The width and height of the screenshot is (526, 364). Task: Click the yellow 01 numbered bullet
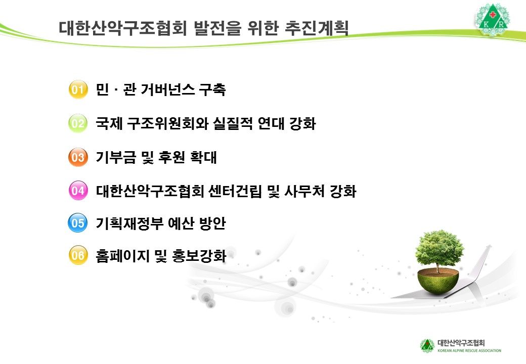coord(78,90)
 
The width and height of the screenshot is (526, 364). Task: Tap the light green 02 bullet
coord(78,124)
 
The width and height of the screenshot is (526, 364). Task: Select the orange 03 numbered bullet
coord(78,157)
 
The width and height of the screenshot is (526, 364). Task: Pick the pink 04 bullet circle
coord(78,191)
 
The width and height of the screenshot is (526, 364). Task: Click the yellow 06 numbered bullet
coord(78,255)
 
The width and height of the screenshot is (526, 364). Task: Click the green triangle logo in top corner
coord(493,20)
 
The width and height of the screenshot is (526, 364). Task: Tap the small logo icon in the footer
coord(427,345)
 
